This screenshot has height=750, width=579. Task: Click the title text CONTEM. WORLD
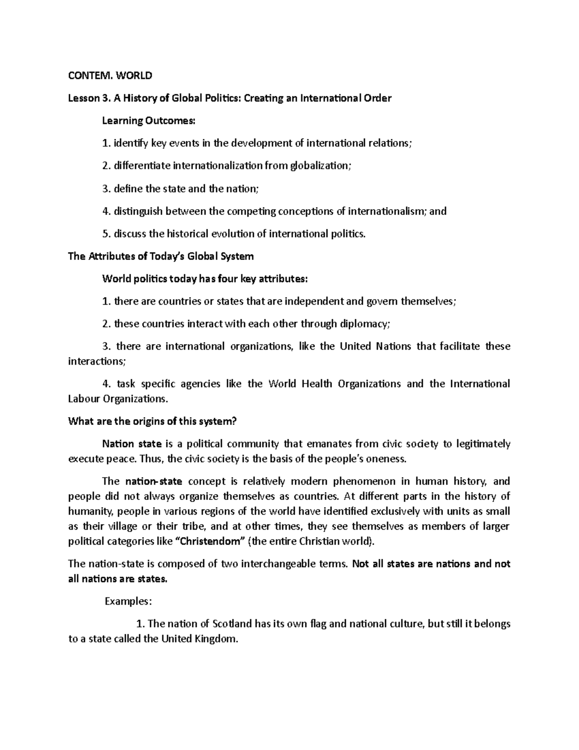pos(110,75)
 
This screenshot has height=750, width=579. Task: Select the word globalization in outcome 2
pos(320,166)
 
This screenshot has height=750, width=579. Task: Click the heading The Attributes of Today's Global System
pos(161,256)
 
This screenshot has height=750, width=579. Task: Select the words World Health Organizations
pos(334,384)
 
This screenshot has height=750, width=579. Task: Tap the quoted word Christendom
pos(209,541)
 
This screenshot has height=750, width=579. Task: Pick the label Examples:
pos(128,602)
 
